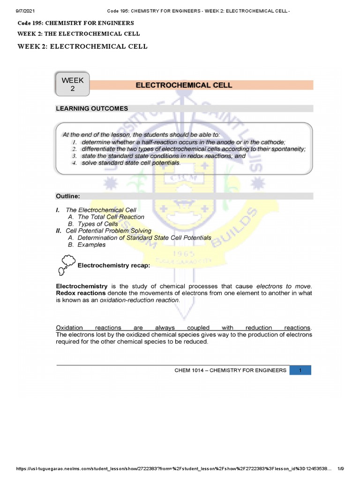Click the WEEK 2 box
pyautogui.click(x=73, y=85)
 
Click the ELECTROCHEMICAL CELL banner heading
pyautogui.click(x=184, y=85)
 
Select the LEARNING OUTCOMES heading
pyautogui.click(x=92, y=109)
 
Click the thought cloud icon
pyautogui.click(x=67, y=264)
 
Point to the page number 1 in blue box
pyautogui.click(x=300, y=370)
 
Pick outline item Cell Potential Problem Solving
pyautogui.click(x=108, y=231)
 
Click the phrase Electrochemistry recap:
pyautogui.click(x=113, y=266)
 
